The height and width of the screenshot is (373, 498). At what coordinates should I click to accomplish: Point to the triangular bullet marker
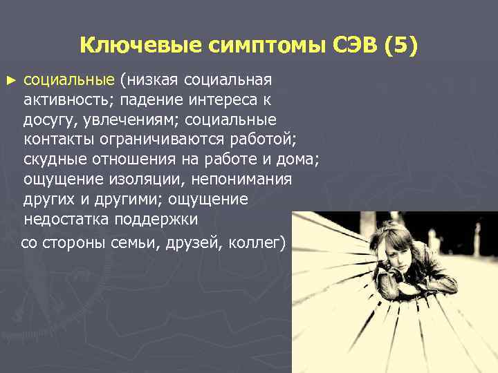[x=10, y=80]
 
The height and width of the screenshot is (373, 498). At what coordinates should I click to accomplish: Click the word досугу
[x=48, y=120]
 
